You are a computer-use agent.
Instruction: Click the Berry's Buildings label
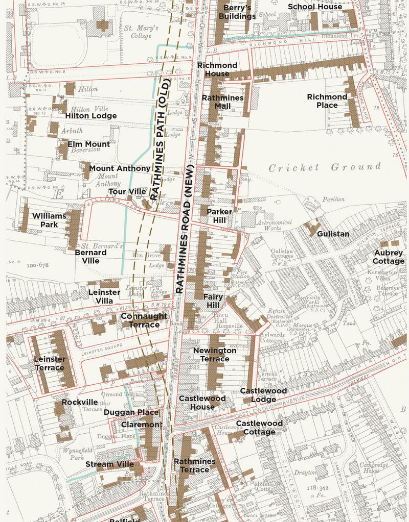(x=237, y=12)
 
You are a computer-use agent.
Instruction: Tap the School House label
(x=315, y=7)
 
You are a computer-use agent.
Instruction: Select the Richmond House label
(x=217, y=69)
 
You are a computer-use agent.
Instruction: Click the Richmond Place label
(x=327, y=101)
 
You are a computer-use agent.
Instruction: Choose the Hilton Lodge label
(x=91, y=116)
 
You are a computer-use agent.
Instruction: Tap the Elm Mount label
(x=89, y=144)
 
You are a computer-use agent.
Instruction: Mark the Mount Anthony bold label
(x=120, y=168)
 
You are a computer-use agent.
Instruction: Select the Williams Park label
(x=49, y=220)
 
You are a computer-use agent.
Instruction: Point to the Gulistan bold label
(x=333, y=234)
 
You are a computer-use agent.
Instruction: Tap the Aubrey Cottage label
(x=389, y=257)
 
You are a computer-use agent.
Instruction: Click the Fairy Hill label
(x=212, y=301)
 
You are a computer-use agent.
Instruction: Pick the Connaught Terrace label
(x=144, y=320)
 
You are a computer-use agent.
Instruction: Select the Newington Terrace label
(x=215, y=355)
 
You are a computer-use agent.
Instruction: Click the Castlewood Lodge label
(x=263, y=395)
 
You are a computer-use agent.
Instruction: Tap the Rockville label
(x=80, y=402)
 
